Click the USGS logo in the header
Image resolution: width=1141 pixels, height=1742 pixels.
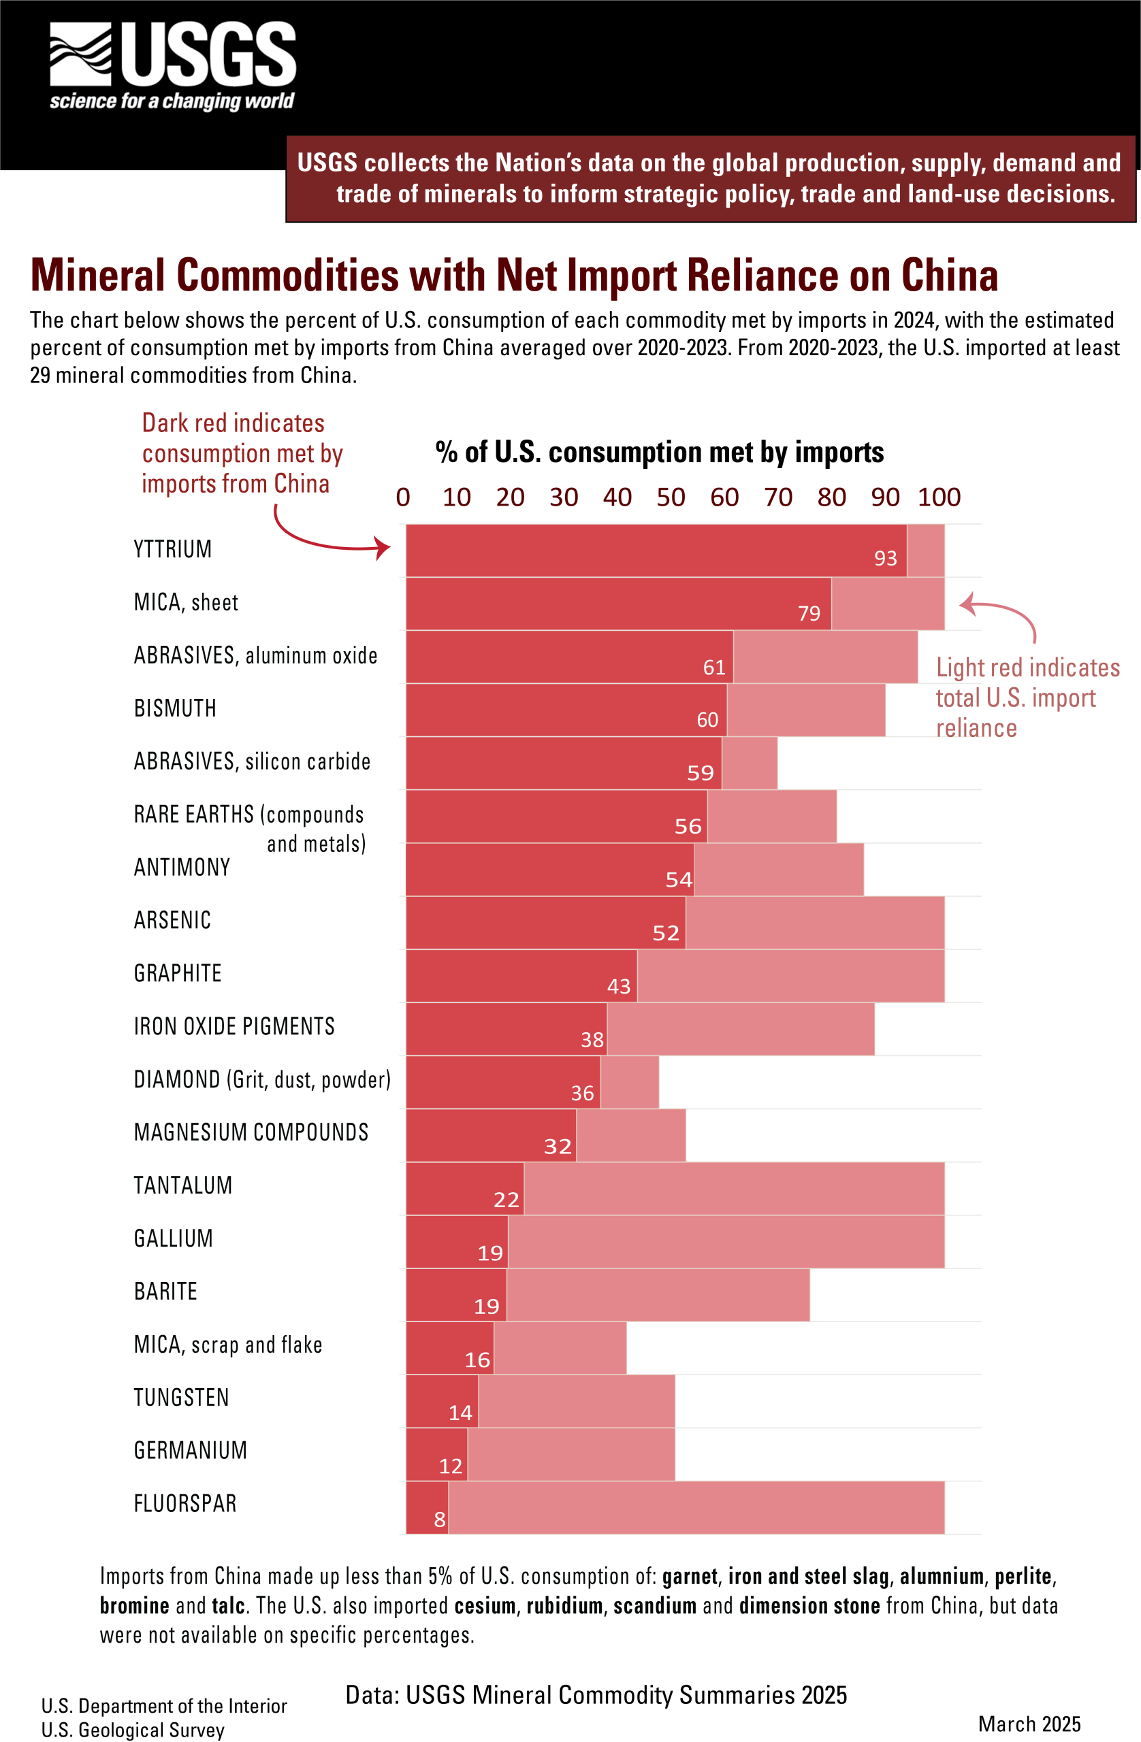point(173,65)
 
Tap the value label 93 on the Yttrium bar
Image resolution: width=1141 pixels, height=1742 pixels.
point(884,559)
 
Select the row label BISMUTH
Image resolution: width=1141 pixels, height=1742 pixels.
point(175,708)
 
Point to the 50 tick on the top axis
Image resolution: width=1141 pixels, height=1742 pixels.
point(670,497)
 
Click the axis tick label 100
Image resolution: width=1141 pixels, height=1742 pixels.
point(939,497)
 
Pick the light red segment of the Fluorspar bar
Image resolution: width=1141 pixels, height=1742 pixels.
point(696,1507)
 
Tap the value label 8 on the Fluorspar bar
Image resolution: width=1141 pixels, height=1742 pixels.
point(439,1519)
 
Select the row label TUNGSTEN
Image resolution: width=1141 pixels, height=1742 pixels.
point(182,1397)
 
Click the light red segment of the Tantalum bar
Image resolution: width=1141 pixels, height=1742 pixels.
point(734,1189)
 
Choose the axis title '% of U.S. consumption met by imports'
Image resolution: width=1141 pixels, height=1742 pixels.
point(659,453)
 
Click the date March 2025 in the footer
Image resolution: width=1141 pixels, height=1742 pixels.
point(1029,1724)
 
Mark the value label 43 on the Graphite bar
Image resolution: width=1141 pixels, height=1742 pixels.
point(619,987)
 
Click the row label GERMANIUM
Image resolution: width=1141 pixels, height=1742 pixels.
point(191,1450)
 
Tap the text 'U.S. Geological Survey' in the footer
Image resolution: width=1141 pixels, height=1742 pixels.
point(133,1730)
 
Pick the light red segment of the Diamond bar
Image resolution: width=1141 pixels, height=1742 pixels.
point(629,1082)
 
